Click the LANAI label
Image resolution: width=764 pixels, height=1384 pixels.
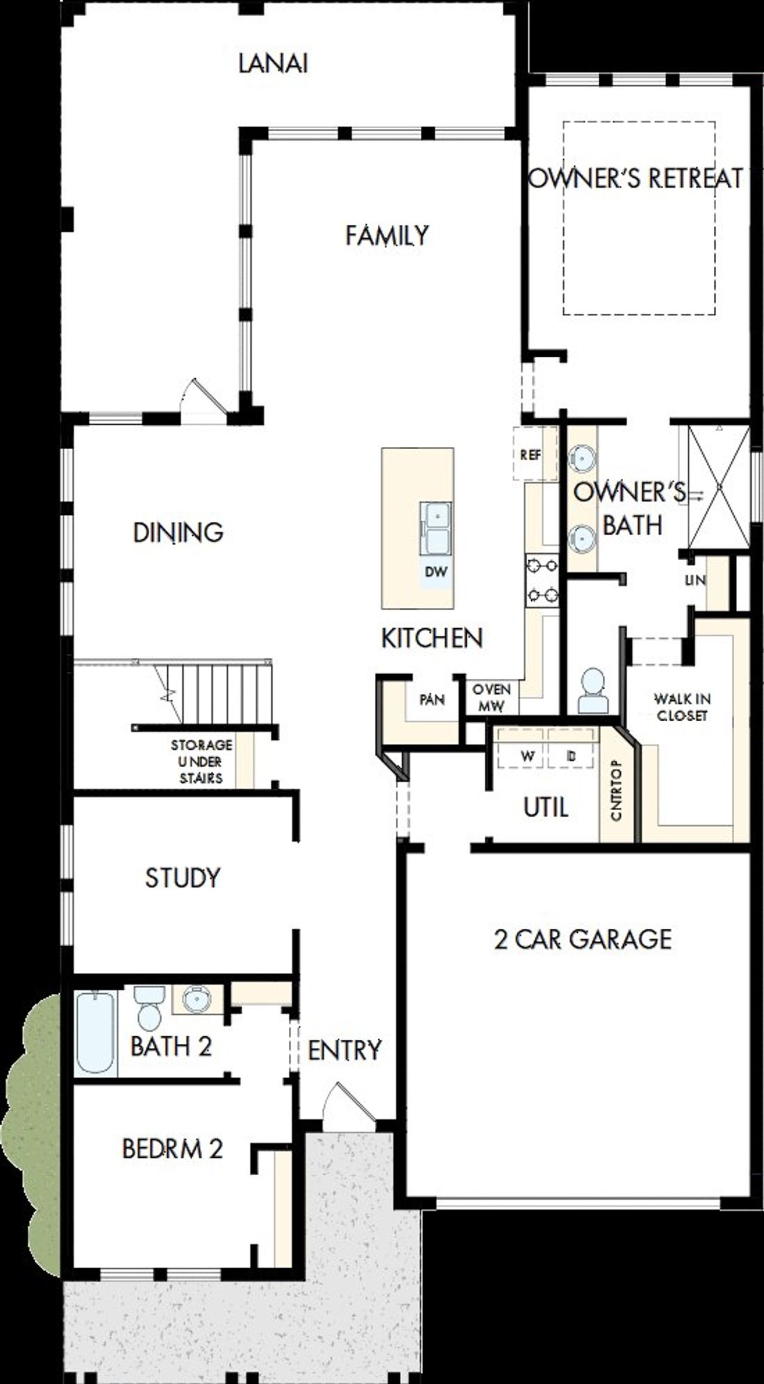click(273, 63)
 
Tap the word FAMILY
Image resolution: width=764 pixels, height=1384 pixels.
click(387, 235)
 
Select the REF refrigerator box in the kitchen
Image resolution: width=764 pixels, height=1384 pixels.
click(531, 455)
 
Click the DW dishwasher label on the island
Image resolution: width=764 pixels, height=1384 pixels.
click(436, 571)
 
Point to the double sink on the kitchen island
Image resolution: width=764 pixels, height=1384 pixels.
click(435, 527)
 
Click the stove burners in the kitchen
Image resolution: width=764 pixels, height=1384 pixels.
click(542, 580)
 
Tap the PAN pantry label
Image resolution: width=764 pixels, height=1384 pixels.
click(432, 699)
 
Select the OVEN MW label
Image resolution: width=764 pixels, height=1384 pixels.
click(492, 698)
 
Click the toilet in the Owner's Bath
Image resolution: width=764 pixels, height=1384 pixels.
click(593, 690)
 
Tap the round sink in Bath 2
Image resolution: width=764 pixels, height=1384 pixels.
click(196, 999)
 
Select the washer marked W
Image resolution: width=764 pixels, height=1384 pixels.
click(527, 756)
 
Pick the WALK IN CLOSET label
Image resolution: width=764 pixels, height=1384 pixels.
click(682, 707)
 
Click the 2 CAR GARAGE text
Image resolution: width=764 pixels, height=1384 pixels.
click(583, 939)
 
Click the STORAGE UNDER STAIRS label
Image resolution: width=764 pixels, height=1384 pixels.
click(201, 761)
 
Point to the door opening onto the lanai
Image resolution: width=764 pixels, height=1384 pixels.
click(205, 401)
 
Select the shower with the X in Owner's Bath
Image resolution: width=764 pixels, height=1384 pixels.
click(719, 487)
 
